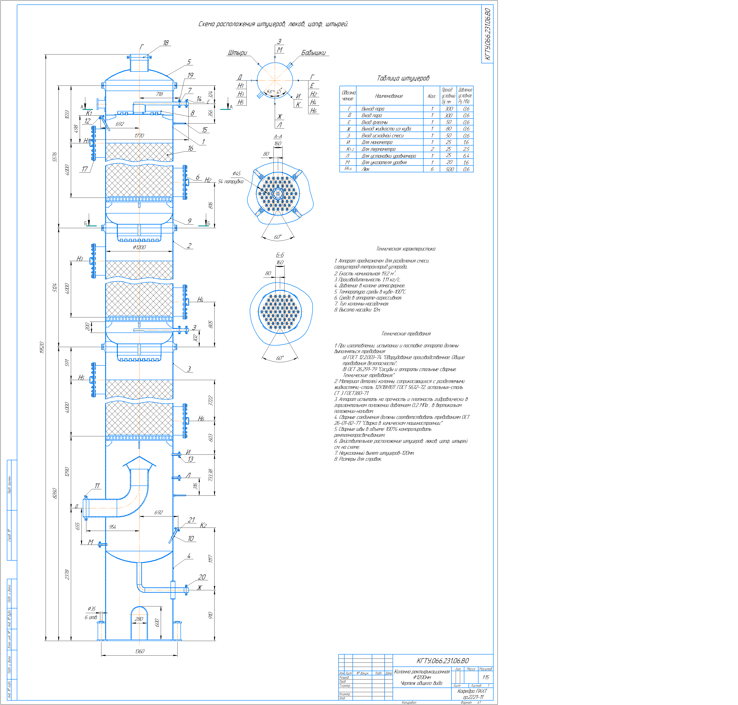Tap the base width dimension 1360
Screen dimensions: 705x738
tap(139, 651)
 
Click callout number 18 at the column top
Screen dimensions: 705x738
tap(166, 43)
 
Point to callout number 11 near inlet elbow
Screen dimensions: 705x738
tap(97, 486)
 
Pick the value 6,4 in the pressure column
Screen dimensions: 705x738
tap(466, 155)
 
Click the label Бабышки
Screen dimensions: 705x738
tap(313, 53)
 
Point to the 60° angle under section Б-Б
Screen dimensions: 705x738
tap(280, 358)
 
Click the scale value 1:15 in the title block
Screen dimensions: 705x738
tap(486, 677)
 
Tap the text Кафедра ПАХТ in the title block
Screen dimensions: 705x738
tap(472, 691)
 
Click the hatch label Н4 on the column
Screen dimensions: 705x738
tap(200, 299)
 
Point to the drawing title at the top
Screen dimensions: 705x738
tap(273, 24)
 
